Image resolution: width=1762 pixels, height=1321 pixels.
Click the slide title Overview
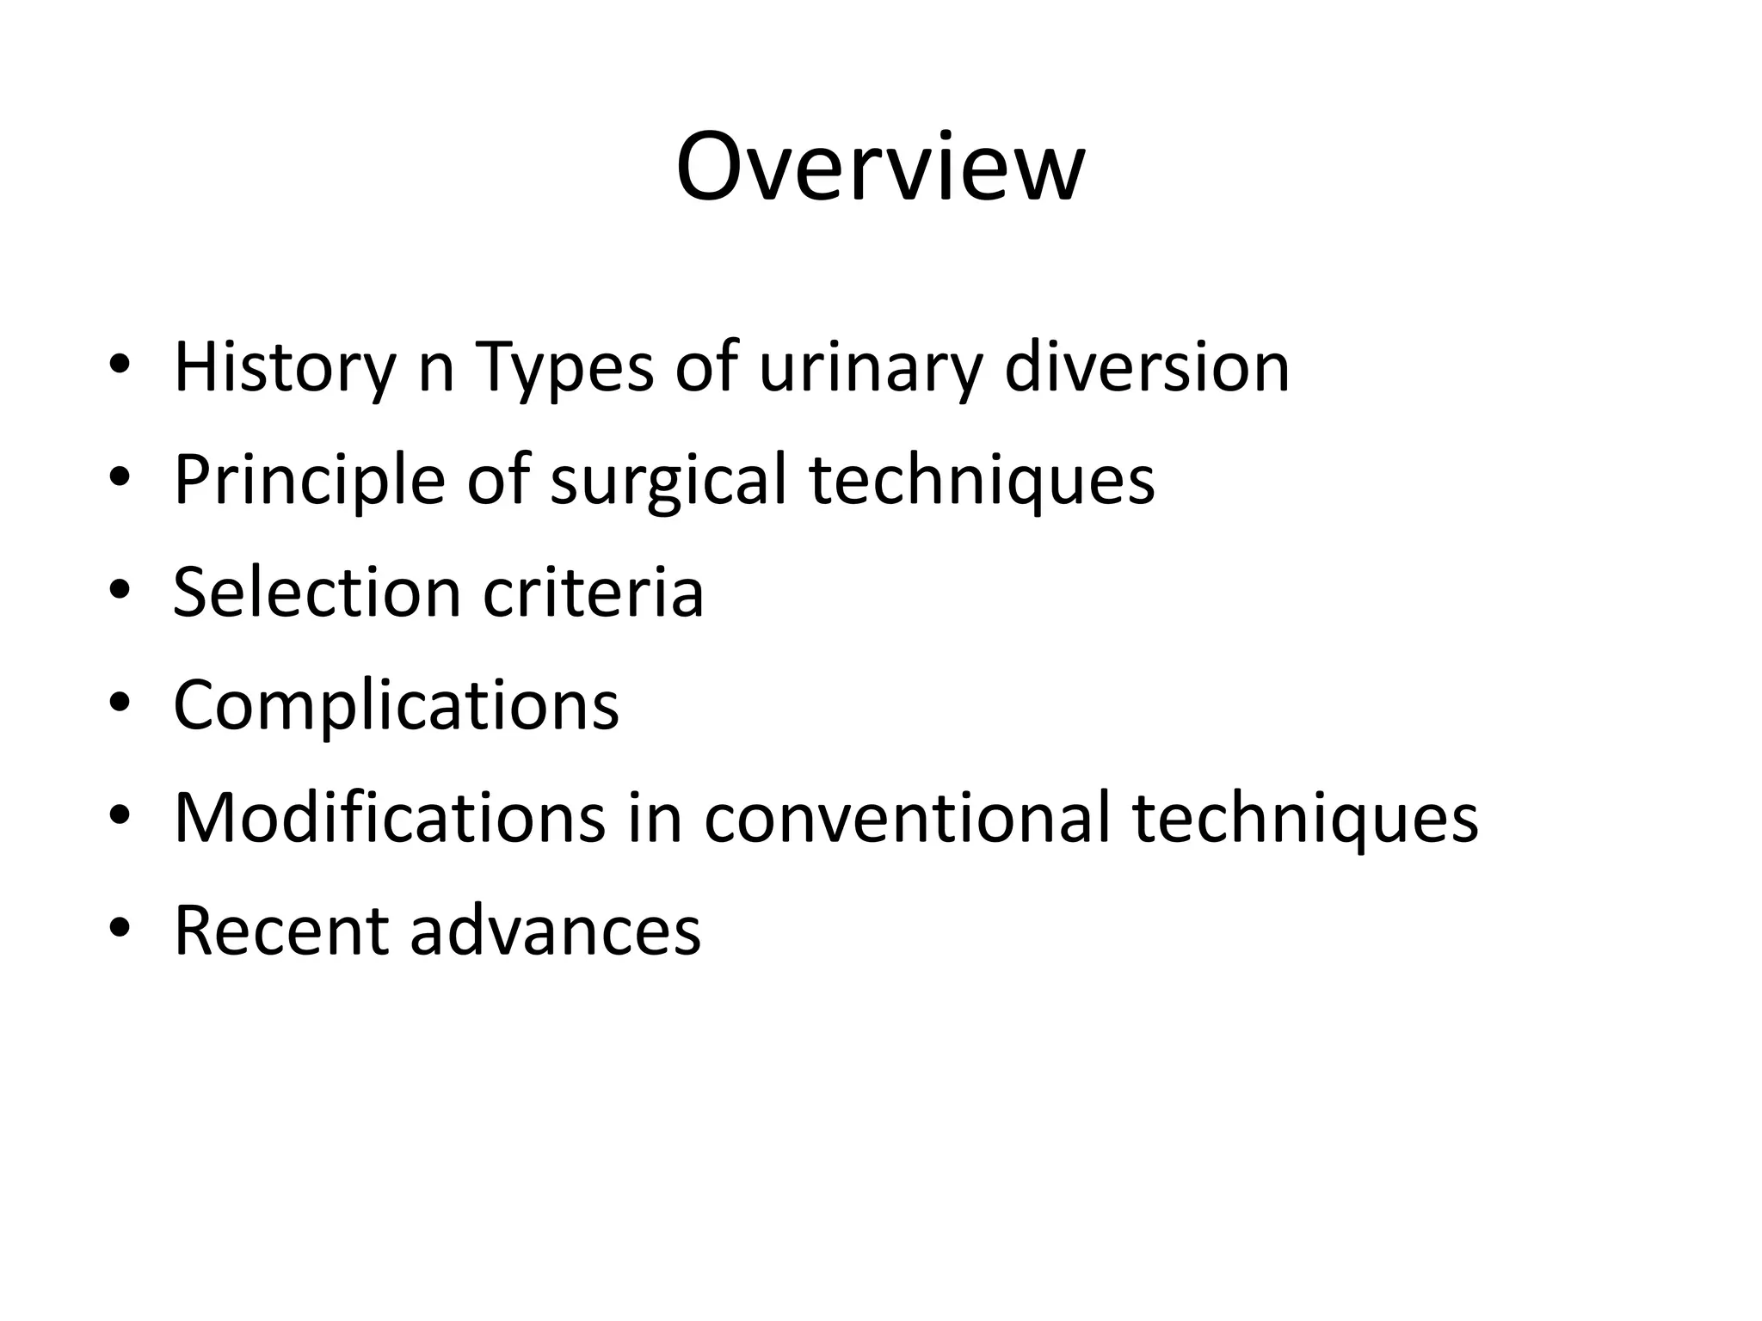(880, 167)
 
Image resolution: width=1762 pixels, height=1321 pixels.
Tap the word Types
(564, 368)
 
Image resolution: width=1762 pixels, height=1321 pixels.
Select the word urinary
(869, 368)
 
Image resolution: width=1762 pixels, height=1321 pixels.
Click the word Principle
(309, 480)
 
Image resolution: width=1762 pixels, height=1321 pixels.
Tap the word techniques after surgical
(982, 480)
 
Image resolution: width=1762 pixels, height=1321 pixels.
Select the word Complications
(396, 705)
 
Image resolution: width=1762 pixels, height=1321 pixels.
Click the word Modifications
(390, 818)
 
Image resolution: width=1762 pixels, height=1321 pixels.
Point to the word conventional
(907, 818)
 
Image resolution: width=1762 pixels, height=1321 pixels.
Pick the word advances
(555, 931)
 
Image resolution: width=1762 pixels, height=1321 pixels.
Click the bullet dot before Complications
(120, 706)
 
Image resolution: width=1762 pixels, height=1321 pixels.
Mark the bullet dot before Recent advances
(120, 931)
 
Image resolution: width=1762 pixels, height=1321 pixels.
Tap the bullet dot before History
(120, 368)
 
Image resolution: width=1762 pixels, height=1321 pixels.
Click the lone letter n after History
(435, 372)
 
